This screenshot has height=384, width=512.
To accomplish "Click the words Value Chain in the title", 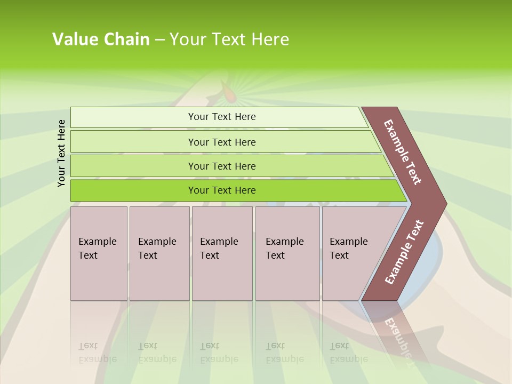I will coord(101,39).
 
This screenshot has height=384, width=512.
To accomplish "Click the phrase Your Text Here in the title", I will coord(229,39).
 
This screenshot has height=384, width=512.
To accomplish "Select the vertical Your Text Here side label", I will coord(62,153).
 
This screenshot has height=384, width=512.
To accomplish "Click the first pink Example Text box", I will coord(99,253).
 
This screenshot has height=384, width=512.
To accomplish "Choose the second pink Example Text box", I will coord(159,253).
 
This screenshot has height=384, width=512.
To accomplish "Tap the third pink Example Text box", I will coord(222,253).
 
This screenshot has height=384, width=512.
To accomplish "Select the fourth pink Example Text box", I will coord(287,253).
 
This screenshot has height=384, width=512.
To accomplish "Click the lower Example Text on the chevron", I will coord(404,252).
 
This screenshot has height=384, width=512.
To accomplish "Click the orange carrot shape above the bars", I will coord(230,95).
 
